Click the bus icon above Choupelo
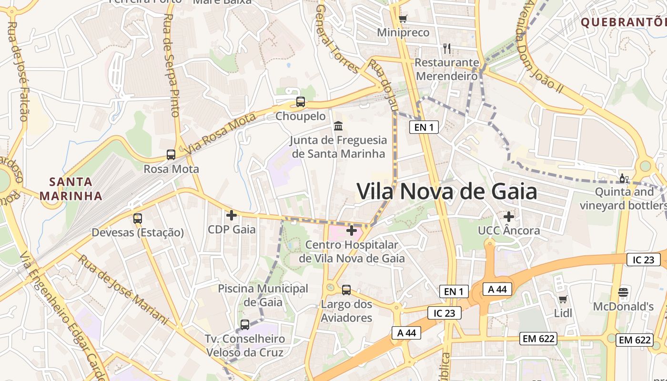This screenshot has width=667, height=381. point(300,101)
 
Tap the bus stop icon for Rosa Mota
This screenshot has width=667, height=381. point(171,154)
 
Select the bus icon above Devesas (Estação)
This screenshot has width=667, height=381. point(138,218)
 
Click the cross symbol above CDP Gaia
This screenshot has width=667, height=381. point(232,215)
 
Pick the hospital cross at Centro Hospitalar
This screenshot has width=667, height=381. point(352,231)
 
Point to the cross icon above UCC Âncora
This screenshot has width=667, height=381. point(509,217)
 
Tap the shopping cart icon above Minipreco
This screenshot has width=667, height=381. point(403,19)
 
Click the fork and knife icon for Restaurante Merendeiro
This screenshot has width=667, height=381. point(446,48)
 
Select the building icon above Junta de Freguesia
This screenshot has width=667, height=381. point(338,126)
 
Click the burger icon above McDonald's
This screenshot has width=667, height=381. point(623,292)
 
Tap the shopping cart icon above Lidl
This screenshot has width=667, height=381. point(563,299)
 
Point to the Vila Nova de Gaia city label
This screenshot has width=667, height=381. point(447,191)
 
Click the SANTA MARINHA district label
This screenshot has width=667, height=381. point(71,189)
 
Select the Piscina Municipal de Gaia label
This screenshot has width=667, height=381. point(263,295)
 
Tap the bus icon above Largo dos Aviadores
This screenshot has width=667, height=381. point(346,290)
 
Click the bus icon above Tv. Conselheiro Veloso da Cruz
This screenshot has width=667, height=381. point(245,325)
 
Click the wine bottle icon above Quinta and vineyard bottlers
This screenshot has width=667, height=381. point(624,179)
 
